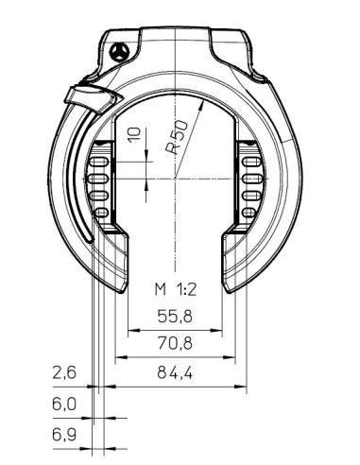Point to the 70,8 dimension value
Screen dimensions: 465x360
click(x=174, y=344)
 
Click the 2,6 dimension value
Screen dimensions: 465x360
click(x=63, y=372)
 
